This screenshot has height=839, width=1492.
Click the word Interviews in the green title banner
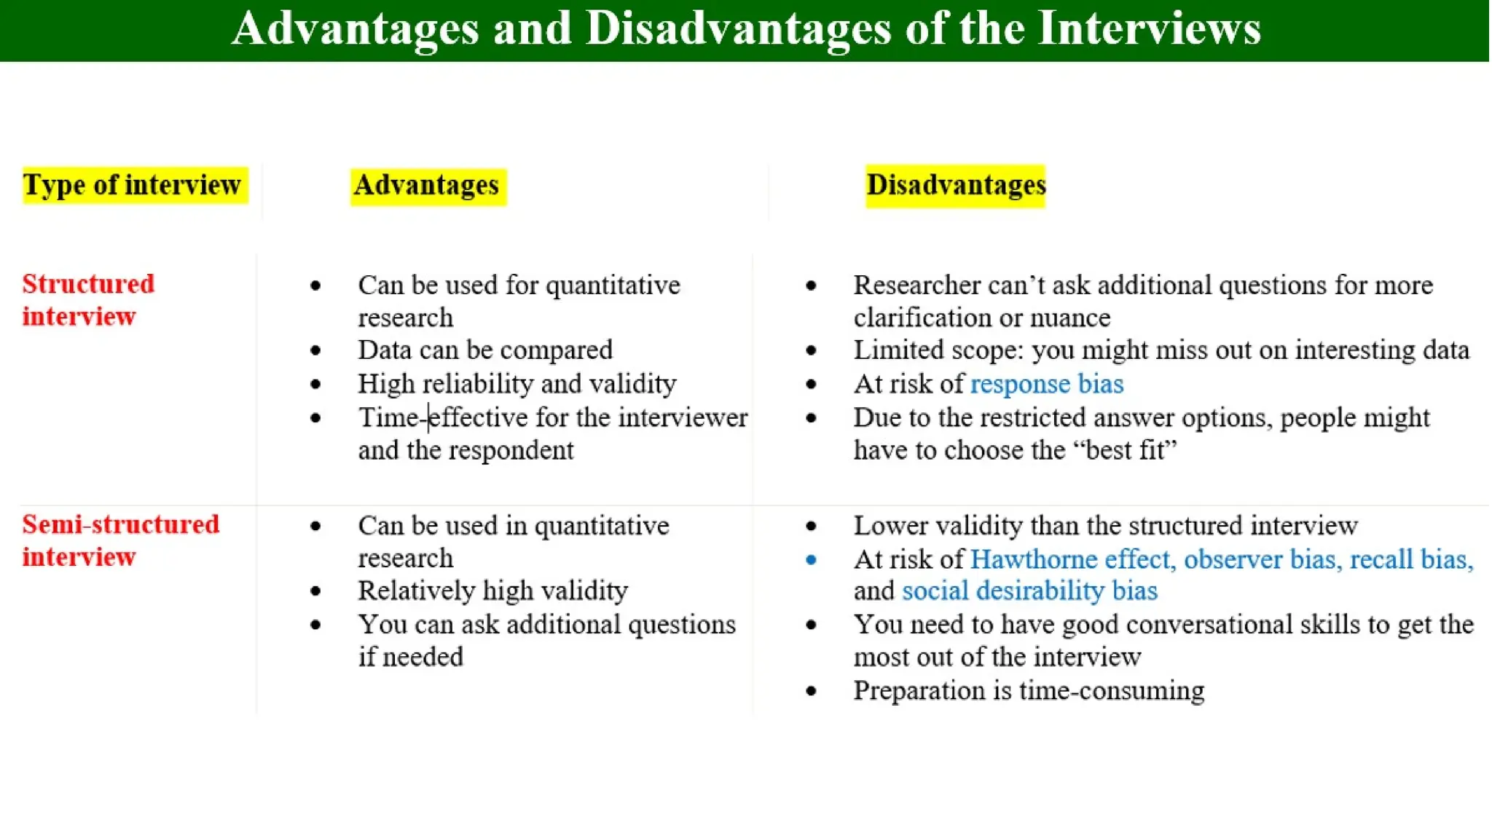1149,29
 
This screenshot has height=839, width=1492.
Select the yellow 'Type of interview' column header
132,185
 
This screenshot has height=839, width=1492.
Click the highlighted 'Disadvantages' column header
955,185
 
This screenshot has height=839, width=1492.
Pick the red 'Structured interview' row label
88,300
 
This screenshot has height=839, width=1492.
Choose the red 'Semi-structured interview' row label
120,540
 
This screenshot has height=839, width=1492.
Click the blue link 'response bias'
1047,384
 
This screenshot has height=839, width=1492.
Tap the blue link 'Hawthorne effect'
1071,559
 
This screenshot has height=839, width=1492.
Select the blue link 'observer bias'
1260,559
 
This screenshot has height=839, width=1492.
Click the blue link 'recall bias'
1410,559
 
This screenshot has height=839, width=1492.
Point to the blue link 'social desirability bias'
1029,591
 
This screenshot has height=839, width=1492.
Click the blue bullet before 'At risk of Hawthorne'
811,560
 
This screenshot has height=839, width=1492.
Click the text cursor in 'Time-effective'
428,418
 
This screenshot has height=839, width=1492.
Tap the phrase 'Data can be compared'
485,350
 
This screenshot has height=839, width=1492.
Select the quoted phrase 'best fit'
1126,451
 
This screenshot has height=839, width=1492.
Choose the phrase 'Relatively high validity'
492,591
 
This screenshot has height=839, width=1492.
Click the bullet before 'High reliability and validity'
315,385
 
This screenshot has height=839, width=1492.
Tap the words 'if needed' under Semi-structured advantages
411,657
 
